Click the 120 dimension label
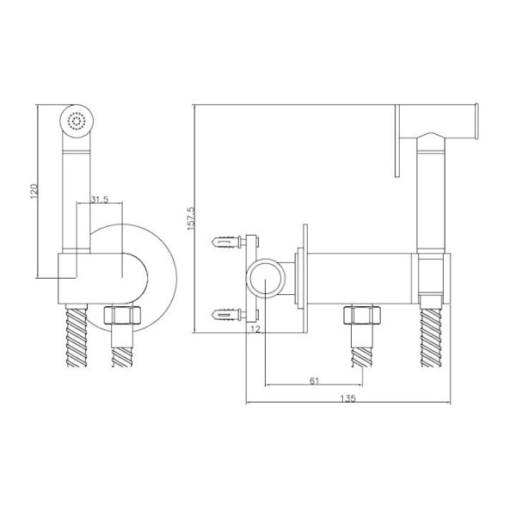34,191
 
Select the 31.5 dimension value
100,200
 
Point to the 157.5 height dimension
191,218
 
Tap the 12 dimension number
255,329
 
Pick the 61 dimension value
315,381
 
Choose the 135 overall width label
348,398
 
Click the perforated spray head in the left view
77,120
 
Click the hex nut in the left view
123,315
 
